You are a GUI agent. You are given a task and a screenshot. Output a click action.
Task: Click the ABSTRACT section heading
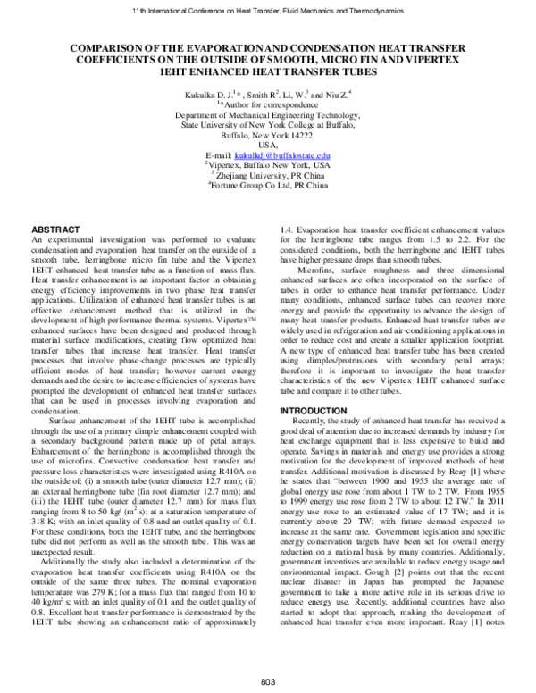coord(55,230)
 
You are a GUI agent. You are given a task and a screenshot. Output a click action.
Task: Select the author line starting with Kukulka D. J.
coord(267,93)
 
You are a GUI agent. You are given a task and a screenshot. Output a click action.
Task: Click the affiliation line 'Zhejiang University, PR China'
coord(269,176)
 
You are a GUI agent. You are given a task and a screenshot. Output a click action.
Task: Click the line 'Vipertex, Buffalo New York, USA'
coord(268,165)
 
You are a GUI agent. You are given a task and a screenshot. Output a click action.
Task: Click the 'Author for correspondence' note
coord(268,104)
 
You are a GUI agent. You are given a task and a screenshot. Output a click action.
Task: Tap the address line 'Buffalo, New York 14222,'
coord(268,136)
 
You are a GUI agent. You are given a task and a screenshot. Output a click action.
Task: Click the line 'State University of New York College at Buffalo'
coord(268,126)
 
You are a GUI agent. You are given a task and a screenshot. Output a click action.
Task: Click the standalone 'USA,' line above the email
coord(268,146)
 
